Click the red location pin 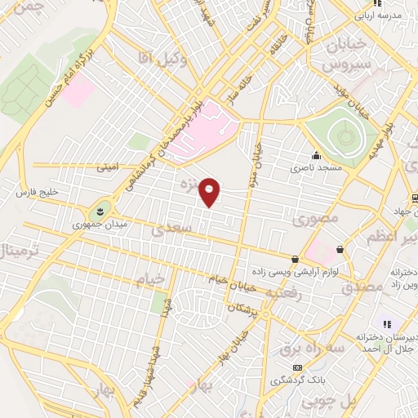tap(211, 191)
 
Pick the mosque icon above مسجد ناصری tap(316, 156)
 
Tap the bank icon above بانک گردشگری tap(297, 367)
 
